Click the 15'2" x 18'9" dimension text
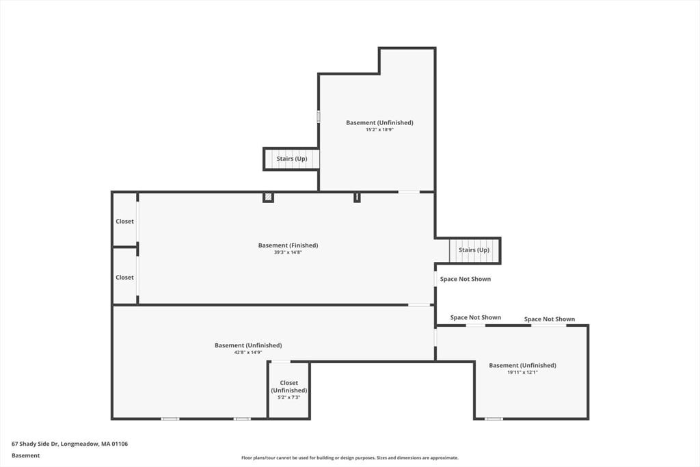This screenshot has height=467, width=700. click(x=379, y=130)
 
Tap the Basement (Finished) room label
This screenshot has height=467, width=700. click(x=288, y=245)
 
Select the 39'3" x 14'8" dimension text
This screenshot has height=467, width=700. click(x=288, y=252)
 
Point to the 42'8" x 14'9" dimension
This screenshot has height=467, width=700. click(x=248, y=352)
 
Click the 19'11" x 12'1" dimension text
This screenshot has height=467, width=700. click(x=522, y=373)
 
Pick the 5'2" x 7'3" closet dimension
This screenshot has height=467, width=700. click(x=289, y=397)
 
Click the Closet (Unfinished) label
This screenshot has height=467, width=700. click(x=289, y=386)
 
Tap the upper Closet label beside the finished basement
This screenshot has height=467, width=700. click(x=124, y=222)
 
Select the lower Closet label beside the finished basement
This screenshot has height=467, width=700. click(x=124, y=278)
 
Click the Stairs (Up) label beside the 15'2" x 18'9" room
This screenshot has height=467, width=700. click(x=291, y=159)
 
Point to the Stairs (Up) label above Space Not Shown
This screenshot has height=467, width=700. click(x=474, y=250)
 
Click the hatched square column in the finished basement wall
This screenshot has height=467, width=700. click(x=268, y=197)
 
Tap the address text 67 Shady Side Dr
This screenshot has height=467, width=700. click(x=36, y=444)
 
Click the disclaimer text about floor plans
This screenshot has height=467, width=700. click(x=349, y=457)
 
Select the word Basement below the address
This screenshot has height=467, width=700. click(x=25, y=455)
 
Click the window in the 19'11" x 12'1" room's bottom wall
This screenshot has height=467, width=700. click(x=494, y=418)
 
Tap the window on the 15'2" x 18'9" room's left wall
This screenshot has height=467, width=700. click(x=319, y=116)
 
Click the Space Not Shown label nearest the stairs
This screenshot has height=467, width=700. click(x=465, y=279)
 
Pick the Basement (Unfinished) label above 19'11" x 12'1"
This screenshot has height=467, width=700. click(x=522, y=365)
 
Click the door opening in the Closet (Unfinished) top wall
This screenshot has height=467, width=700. click(x=281, y=361)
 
